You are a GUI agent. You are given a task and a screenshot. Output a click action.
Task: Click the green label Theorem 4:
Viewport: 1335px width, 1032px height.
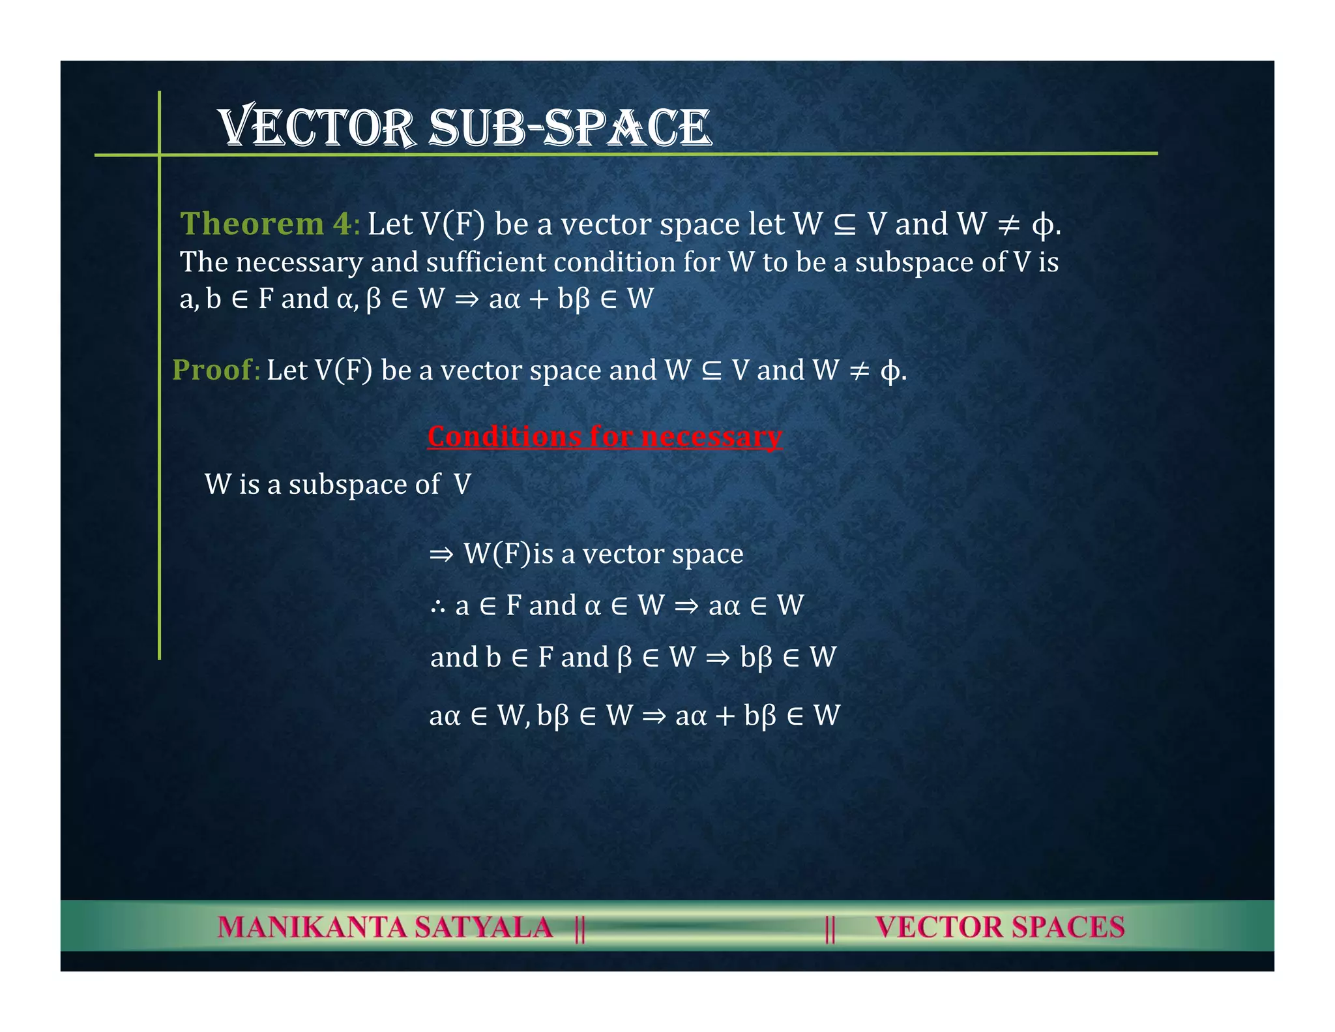click(x=269, y=224)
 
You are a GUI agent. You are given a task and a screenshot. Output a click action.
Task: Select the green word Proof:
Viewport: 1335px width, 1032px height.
click(x=216, y=370)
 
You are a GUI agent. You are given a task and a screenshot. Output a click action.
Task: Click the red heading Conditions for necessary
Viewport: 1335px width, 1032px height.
click(x=604, y=436)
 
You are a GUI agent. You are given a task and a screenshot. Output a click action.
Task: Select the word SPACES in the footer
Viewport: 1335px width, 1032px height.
click(x=1068, y=927)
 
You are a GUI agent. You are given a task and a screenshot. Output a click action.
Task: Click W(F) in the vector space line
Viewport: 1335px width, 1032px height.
click(x=497, y=554)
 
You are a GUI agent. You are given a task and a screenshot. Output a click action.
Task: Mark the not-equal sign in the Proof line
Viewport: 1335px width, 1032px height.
click(x=859, y=371)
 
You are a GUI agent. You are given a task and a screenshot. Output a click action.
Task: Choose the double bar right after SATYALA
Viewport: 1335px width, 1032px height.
click(x=579, y=928)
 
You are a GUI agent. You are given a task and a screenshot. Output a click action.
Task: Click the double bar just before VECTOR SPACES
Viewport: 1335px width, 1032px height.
click(x=830, y=928)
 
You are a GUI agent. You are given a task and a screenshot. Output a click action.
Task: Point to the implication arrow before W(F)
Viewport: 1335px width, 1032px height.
click(x=441, y=554)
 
